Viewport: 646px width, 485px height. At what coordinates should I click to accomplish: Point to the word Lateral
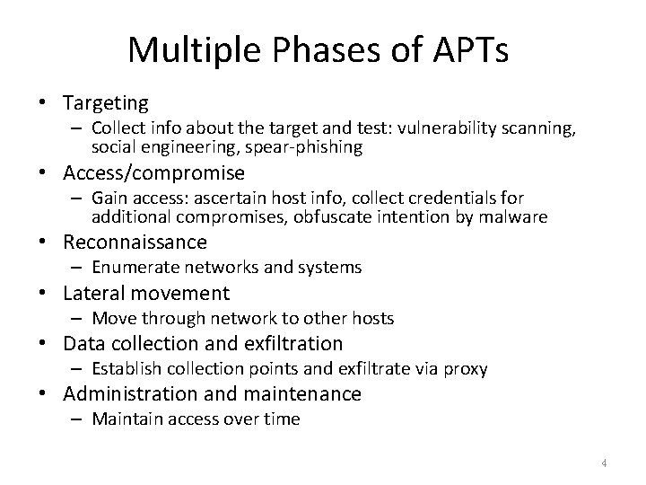(x=92, y=293)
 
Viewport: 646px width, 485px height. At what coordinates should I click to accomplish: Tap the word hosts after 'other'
(x=371, y=318)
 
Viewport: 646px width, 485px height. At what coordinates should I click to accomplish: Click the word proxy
(x=467, y=368)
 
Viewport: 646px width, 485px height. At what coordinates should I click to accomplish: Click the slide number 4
(x=605, y=463)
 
